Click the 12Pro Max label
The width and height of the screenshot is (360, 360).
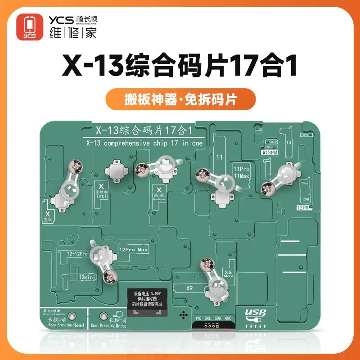tap(133, 249)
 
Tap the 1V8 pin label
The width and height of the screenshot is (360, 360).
tap(198, 318)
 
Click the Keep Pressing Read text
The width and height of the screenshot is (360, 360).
tap(60, 324)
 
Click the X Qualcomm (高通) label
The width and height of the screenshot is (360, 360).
tap(158, 193)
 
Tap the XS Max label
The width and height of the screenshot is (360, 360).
tap(228, 273)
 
